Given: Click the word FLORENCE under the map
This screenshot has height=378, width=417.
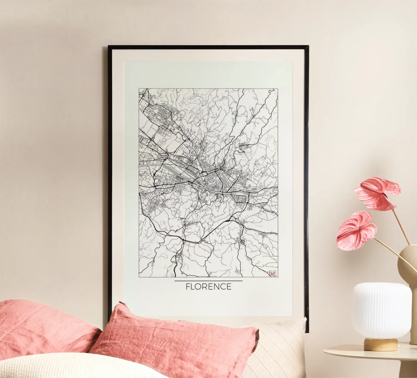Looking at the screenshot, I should click(208, 287).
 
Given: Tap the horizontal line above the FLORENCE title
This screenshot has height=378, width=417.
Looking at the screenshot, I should click(208, 281).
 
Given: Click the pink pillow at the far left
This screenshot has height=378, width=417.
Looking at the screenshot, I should click(42, 325).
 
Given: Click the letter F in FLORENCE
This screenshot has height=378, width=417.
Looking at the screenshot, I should click(188, 287).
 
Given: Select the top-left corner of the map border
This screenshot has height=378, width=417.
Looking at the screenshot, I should click(139, 88).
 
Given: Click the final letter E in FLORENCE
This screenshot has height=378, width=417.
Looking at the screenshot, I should click(229, 287).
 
